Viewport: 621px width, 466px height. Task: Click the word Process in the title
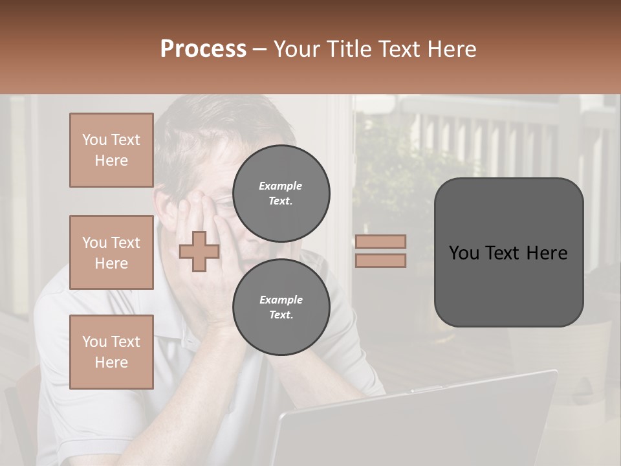click(x=203, y=49)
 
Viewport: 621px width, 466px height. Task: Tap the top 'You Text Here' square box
click(x=111, y=150)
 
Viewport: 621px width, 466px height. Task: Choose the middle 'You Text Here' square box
click(x=111, y=252)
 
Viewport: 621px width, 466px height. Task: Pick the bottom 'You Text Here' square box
click(x=111, y=352)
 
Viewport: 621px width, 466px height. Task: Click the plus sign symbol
click(x=199, y=252)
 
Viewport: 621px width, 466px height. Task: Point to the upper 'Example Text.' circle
click(x=281, y=194)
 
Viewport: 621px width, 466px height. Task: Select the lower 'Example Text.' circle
click(x=281, y=307)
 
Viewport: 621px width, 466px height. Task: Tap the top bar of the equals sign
click(x=380, y=241)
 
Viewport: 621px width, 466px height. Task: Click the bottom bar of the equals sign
click(x=380, y=260)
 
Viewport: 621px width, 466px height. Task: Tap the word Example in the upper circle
click(x=281, y=186)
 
